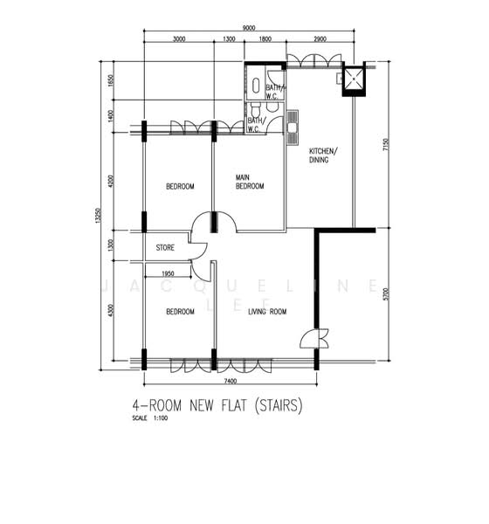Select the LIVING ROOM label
267,312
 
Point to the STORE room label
165,248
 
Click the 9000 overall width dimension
249,28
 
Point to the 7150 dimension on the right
385,146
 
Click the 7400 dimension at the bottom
230,382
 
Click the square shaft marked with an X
354,80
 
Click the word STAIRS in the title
277,406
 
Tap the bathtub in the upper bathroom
254,86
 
